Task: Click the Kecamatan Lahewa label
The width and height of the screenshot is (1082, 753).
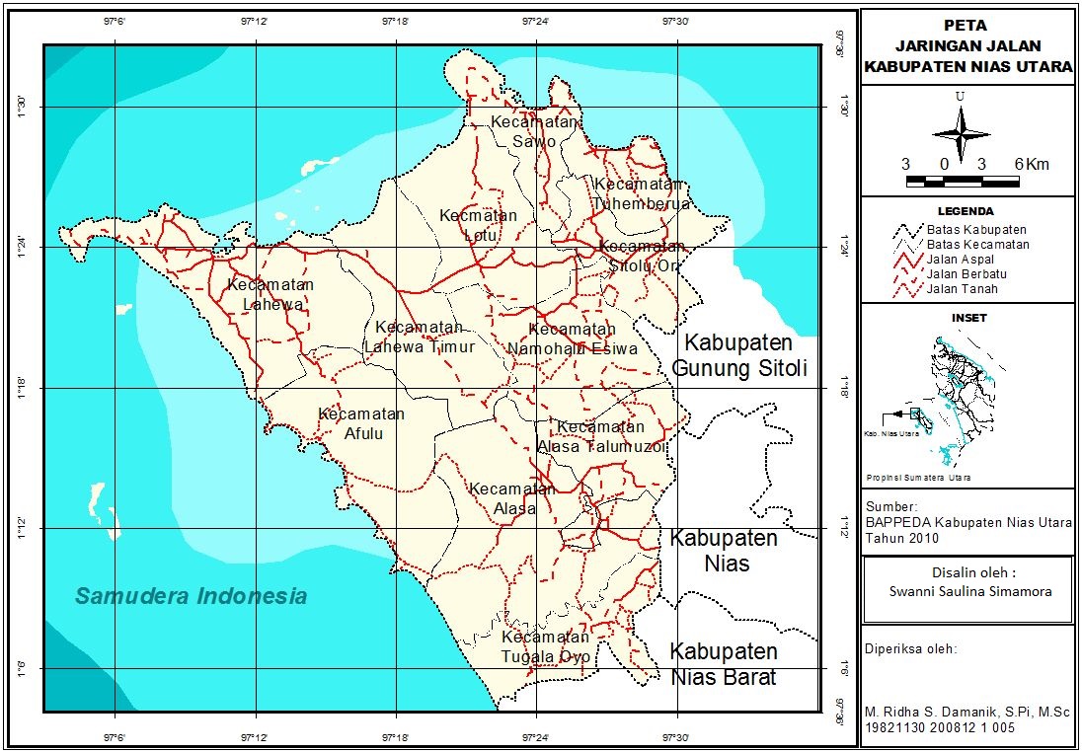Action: [x=270, y=294]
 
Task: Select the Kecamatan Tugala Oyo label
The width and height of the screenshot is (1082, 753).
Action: [x=545, y=646]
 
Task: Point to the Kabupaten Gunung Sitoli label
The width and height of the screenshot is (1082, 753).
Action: [x=739, y=356]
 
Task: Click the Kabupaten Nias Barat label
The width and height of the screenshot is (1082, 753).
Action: [x=724, y=664]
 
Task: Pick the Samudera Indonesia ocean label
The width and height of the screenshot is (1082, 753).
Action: [x=192, y=596]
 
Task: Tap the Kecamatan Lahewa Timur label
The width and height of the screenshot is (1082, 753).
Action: [x=420, y=338]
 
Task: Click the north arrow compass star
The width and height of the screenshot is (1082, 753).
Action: [x=960, y=132]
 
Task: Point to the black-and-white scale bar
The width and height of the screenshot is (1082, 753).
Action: [x=962, y=182]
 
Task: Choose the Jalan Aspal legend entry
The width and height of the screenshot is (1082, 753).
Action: [x=960, y=260]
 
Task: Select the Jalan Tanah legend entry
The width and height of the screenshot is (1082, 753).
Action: [x=961, y=289]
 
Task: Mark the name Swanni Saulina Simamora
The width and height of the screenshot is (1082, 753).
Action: [x=966, y=592]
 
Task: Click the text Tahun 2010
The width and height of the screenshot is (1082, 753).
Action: [x=901, y=539]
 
